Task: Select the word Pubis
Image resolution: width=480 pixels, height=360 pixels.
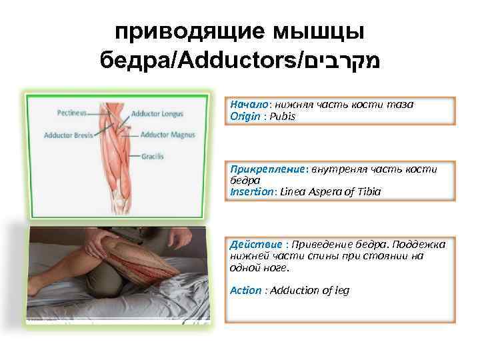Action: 282,116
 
